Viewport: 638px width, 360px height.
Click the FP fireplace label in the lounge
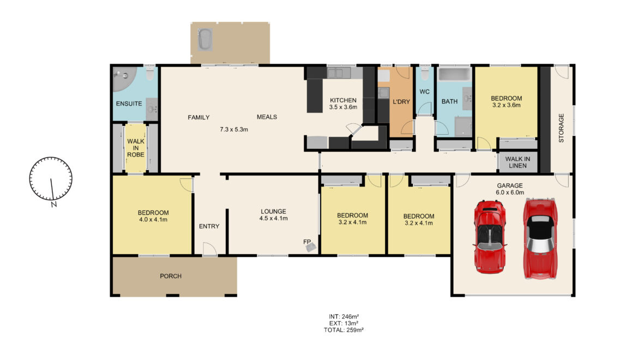pos(307,242)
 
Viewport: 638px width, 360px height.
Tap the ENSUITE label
pos(129,104)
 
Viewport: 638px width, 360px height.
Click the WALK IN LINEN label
pos(517,163)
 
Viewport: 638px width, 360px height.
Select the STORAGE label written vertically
pos(561,128)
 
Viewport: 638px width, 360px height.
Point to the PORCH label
pos(171,276)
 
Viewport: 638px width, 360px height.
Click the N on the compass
pos(53,205)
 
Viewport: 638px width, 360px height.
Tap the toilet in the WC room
pos(424,74)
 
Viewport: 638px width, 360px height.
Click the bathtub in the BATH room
pos(454,75)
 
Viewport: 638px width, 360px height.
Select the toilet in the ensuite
pos(149,73)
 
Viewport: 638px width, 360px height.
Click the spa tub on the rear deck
pos(205,39)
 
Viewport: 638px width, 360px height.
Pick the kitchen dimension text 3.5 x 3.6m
pos(343,107)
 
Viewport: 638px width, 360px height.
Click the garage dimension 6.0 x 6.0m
pos(510,193)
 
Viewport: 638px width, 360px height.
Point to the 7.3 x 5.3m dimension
pos(234,130)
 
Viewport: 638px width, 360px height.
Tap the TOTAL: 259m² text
pos(344,330)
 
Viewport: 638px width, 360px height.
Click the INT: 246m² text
pos(344,316)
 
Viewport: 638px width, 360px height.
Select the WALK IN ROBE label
pos(136,148)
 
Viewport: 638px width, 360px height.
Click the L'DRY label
pos(401,101)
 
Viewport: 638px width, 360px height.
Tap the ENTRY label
pos(209,226)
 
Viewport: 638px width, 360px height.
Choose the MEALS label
pos(267,117)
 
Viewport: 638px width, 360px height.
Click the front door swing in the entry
pos(209,249)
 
